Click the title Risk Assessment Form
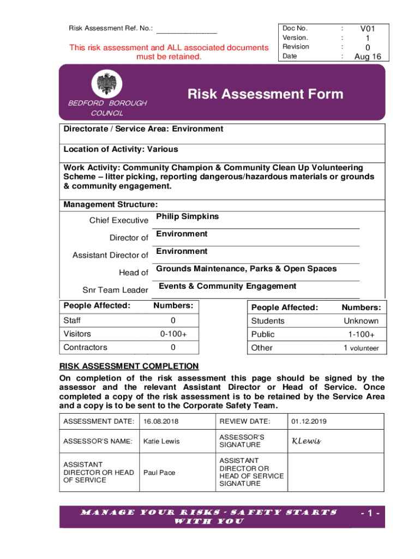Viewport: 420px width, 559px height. click(265, 94)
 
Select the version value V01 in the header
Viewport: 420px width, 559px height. click(367, 28)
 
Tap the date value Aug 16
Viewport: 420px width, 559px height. click(367, 56)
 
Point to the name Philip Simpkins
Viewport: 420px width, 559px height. click(187, 217)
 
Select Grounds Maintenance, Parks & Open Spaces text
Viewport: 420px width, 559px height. click(246, 269)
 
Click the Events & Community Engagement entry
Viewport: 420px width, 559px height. click(227, 286)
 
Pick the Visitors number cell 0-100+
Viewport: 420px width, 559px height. click(173, 334)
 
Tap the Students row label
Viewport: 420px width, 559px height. click(268, 321)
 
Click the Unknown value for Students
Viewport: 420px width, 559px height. click(361, 321)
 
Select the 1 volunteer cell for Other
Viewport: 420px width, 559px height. click(361, 348)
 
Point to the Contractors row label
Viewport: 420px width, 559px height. click(85, 347)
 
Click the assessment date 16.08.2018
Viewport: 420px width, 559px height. click(161, 421)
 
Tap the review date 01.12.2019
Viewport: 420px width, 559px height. click(309, 421)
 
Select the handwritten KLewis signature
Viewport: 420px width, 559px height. click(306, 441)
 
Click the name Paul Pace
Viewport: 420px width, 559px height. click(159, 472)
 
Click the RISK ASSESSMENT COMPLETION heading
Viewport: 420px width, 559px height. click(129, 366)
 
